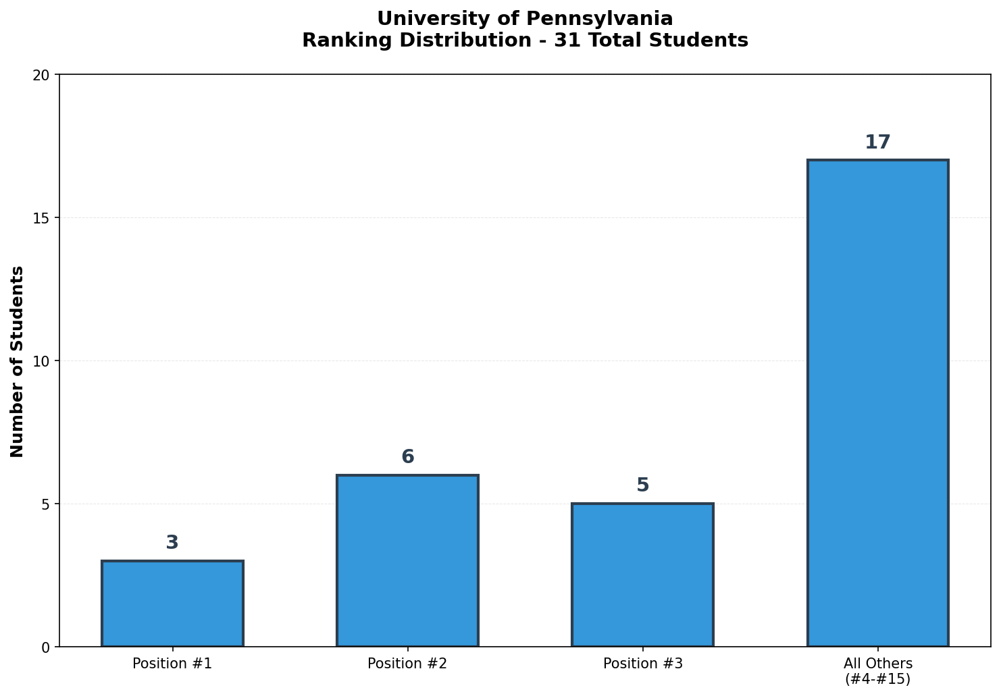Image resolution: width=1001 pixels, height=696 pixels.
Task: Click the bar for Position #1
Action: [x=172, y=604]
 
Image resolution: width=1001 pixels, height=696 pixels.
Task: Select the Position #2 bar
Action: [x=407, y=560]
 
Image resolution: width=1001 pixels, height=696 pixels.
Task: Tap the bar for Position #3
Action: [x=642, y=574]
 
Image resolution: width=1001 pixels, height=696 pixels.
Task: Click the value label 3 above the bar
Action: [x=172, y=543]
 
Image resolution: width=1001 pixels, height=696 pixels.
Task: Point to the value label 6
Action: [x=407, y=457]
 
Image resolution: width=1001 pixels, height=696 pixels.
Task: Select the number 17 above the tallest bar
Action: [x=877, y=142]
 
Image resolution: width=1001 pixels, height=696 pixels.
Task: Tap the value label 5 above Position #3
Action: [x=642, y=485]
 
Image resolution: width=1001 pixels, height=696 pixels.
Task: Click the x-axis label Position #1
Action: [x=172, y=664]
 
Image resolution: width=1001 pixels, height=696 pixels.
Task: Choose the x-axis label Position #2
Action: [x=407, y=664]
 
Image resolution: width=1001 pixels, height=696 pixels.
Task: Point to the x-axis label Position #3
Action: [x=642, y=664]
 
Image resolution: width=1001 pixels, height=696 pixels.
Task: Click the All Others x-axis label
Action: [x=877, y=671]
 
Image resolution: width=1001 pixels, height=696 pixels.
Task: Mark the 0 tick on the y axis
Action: [x=45, y=647]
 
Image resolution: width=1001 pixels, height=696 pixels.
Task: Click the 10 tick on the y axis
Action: [x=42, y=361]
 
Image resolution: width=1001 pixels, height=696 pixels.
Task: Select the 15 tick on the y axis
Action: [x=42, y=218]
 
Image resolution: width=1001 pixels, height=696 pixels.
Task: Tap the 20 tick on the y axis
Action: [x=42, y=75]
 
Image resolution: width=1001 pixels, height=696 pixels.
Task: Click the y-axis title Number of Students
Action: [x=18, y=361]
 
